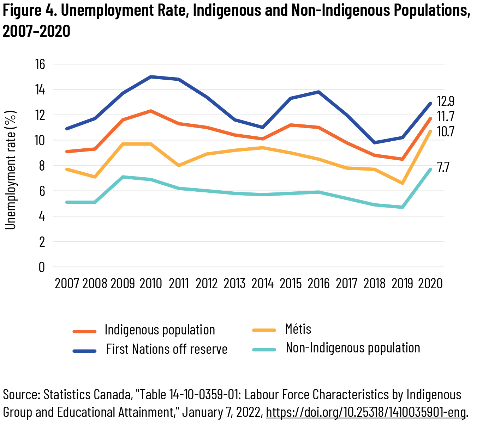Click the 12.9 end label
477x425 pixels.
click(446, 101)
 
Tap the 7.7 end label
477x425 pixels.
click(443, 167)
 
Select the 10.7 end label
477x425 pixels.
click(446, 132)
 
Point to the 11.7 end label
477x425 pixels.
click(446, 117)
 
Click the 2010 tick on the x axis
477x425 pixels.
click(151, 284)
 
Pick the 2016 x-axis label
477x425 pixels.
click(318, 284)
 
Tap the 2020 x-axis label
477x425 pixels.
click(430, 284)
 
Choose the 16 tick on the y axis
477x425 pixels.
click(40, 64)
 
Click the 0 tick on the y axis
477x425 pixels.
click(42, 267)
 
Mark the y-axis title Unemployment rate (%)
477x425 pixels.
click(11, 170)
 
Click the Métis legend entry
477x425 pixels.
click(298, 329)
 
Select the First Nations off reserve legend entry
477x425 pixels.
click(167, 349)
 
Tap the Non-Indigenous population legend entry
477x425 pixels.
click(353, 348)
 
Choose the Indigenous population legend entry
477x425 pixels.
click(160, 330)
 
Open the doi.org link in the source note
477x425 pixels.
click(366, 412)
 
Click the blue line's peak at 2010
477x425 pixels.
click(151, 77)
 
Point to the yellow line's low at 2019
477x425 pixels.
click(402, 183)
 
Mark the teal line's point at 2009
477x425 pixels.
click(123, 177)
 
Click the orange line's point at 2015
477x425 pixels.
click(291, 125)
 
